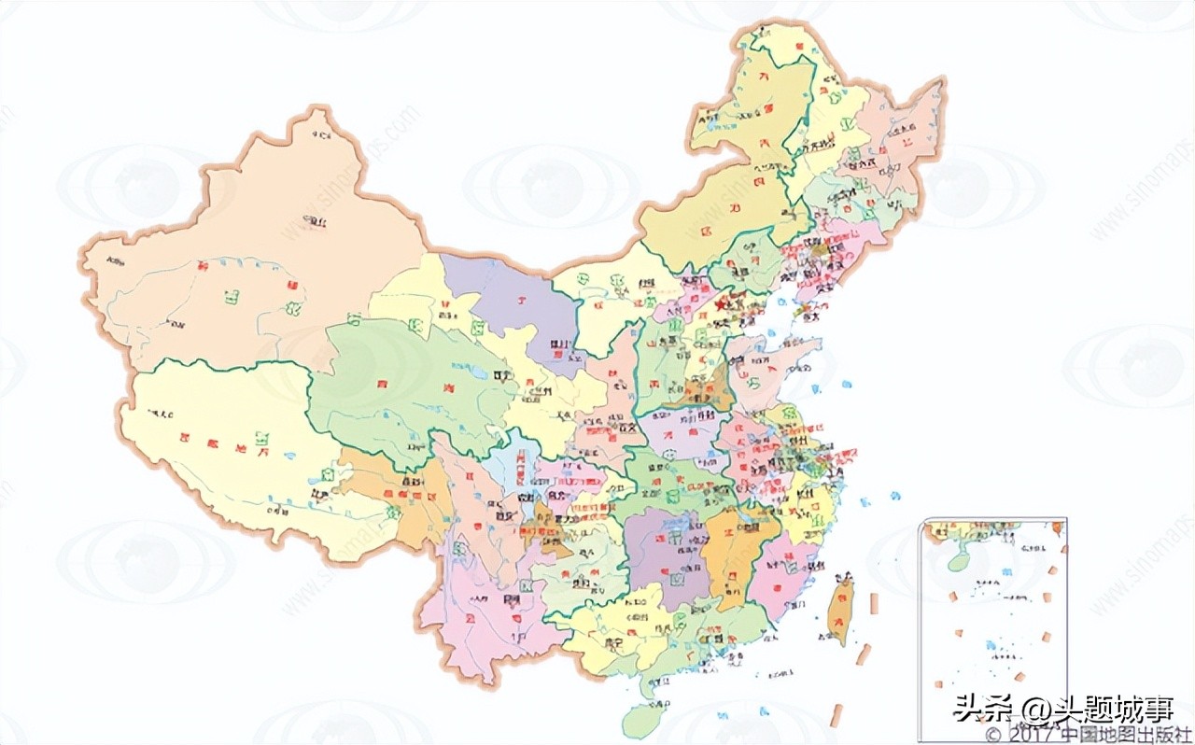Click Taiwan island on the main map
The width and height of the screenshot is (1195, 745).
tap(840, 607)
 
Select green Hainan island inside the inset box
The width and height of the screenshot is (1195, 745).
tap(956, 559)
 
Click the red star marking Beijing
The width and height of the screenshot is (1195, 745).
tap(720, 304)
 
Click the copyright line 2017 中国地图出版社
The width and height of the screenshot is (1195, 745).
tap(1088, 736)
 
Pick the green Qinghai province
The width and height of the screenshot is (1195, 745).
tap(392, 383)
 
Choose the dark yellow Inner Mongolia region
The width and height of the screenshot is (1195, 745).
tap(710, 224)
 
